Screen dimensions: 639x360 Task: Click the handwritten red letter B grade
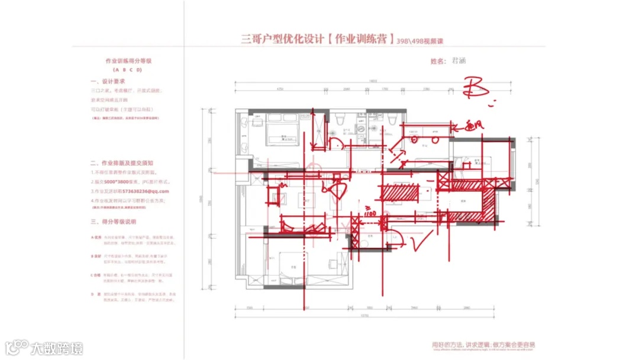[x=475, y=88]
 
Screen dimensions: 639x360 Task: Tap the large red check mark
[x=424, y=241]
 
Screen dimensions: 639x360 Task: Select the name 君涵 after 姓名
[x=459, y=60]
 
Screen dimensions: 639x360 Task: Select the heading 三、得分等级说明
[x=113, y=221]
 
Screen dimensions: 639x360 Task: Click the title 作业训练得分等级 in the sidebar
[x=124, y=61]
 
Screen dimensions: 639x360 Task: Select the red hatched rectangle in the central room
[x=399, y=192]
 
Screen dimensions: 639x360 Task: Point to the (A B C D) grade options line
[x=124, y=69]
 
